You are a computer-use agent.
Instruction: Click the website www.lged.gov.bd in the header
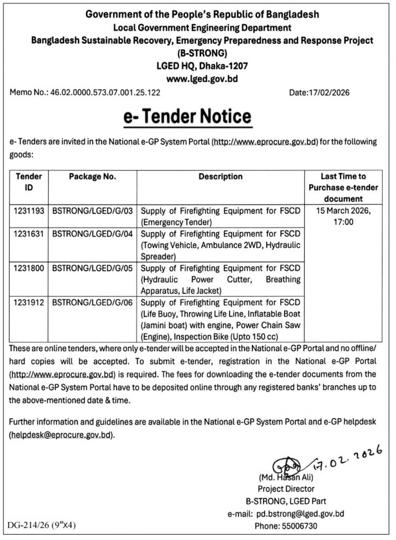point(202,79)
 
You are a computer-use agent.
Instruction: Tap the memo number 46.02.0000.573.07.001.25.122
point(105,92)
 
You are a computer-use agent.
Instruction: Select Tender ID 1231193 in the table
point(28,211)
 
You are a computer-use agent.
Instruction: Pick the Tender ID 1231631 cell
point(28,234)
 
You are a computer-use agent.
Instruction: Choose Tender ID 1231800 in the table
point(28,268)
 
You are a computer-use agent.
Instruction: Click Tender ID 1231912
point(28,302)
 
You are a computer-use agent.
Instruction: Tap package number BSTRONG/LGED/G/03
point(92,211)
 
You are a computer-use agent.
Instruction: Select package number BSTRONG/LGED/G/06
point(92,302)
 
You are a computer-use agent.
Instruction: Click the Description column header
point(220,176)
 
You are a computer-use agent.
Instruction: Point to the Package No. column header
point(92,176)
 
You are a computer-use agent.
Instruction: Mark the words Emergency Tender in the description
point(177,222)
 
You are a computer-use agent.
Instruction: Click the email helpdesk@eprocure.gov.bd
point(62,435)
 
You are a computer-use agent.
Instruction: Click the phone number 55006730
point(299,526)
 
